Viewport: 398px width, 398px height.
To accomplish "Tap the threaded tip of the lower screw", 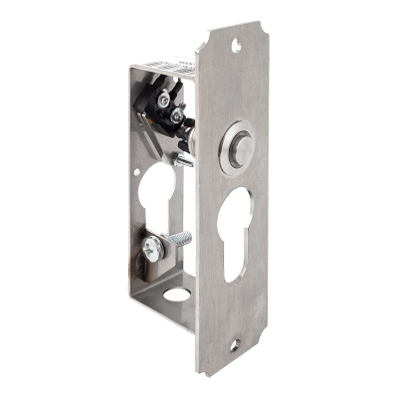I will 188,235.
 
